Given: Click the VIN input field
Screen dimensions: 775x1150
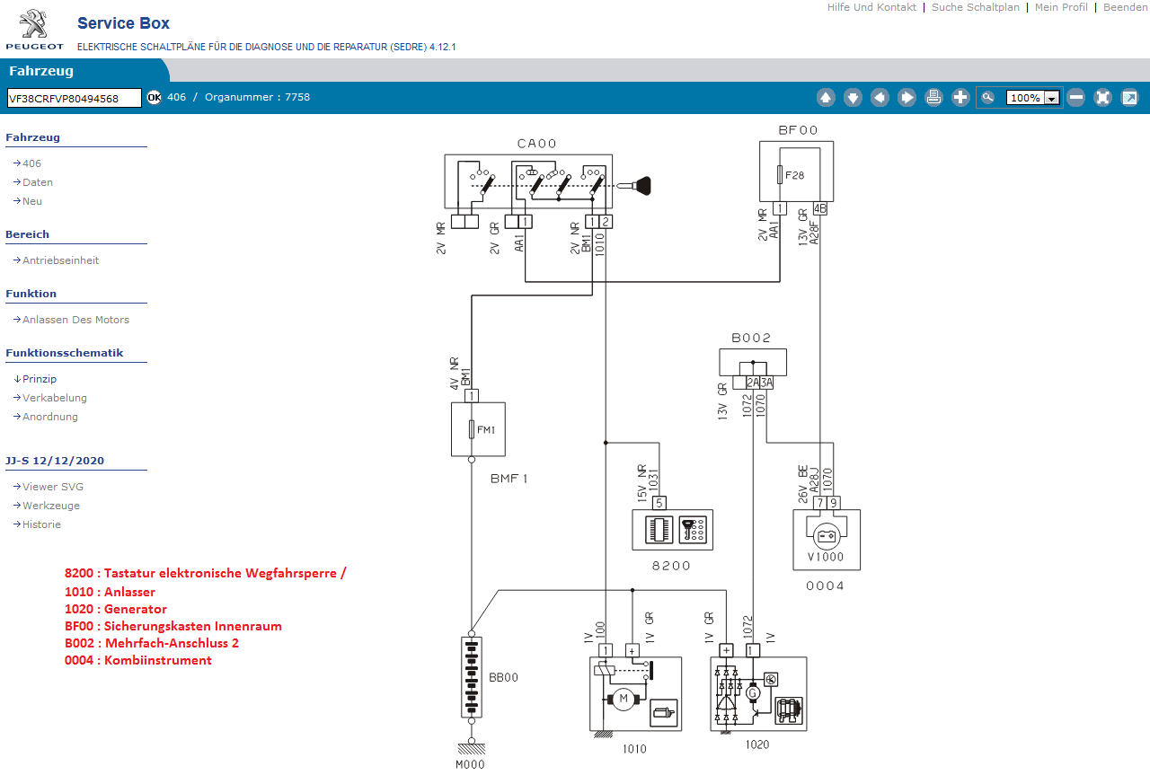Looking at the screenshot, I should pos(75,98).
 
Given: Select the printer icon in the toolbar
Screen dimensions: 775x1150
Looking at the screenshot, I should pos(933,98).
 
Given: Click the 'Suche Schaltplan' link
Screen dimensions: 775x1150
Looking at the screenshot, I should pos(975,7).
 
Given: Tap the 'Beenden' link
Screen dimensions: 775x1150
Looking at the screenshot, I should pos(1125,7).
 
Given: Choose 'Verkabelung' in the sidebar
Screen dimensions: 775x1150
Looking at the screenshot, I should pos(55,398).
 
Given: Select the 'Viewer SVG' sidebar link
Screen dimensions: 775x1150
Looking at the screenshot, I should pos(53,487).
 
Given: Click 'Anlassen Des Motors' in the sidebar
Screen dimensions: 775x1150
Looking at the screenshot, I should pos(75,320).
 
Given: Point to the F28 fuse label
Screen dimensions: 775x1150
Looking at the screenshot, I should pos(794,175).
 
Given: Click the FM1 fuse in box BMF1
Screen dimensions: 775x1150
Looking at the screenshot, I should pos(473,429).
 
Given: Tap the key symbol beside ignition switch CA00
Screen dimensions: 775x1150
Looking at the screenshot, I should pos(641,186).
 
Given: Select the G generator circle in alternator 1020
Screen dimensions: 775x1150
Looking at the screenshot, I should pos(753,692).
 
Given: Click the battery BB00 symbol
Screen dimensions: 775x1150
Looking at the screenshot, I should pos(472,677).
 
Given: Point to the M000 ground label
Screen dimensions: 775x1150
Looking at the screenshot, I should pos(470,765).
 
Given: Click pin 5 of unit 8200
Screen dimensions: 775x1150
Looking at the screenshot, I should pos(659,503).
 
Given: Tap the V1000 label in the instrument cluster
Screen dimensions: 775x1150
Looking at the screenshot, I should pos(826,557).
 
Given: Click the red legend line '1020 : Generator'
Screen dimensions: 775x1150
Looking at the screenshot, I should pos(116,609).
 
